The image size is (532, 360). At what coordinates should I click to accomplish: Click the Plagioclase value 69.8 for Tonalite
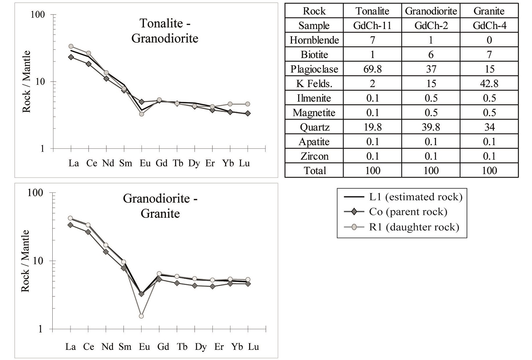click(x=372, y=69)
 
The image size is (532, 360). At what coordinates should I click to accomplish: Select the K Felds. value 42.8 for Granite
click(x=489, y=83)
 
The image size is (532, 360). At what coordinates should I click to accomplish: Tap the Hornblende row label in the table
click(x=314, y=40)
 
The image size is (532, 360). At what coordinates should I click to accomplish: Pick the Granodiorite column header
click(x=431, y=11)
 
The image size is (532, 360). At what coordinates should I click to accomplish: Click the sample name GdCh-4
click(x=489, y=25)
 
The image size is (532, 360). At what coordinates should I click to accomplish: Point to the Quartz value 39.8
click(x=431, y=127)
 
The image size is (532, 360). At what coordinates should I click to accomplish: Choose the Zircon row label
click(x=314, y=156)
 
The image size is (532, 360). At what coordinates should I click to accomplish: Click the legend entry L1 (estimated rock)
click(x=415, y=197)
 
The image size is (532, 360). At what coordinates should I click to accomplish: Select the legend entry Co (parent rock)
click(x=408, y=212)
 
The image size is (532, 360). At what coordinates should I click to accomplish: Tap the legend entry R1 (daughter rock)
click(x=414, y=227)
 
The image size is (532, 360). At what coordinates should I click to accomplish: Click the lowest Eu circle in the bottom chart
click(x=141, y=316)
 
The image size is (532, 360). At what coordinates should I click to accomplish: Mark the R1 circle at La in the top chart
click(x=71, y=46)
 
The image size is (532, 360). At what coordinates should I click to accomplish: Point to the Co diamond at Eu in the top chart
click(x=142, y=102)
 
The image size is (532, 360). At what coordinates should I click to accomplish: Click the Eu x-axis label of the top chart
click(x=145, y=163)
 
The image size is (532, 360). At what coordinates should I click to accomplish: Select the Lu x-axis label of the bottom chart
click(x=253, y=347)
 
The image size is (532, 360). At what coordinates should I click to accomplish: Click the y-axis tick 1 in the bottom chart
click(x=40, y=329)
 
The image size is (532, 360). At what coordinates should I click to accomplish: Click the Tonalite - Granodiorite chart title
click(x=165, y=30)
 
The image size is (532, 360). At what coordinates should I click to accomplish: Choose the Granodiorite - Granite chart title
click(x=160, y=206)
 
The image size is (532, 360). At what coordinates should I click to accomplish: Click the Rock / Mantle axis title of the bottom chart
click(x=25, y=261)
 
